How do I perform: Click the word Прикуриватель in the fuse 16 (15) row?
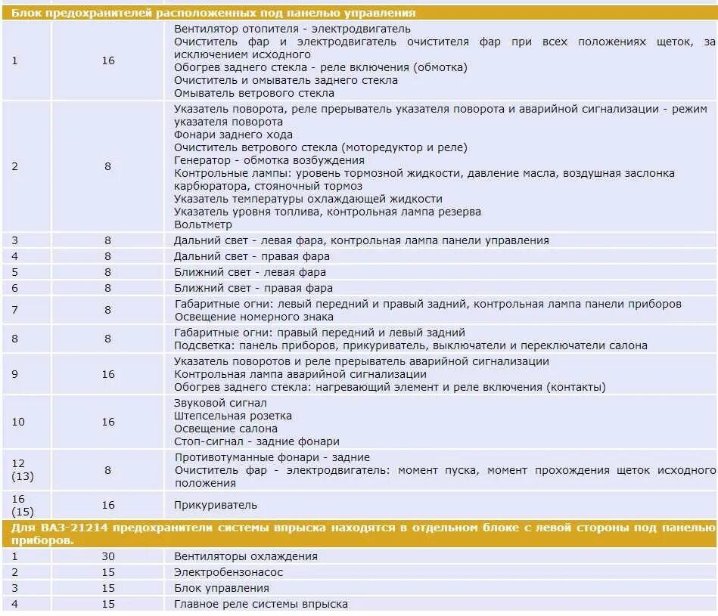tap(216, 505)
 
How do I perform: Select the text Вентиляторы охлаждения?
tap(246, 556)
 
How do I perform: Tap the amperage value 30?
tap(108, 556)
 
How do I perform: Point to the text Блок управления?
tap(221, 588)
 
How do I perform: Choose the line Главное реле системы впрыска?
tap(261, 604)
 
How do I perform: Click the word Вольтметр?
tap(203, 224)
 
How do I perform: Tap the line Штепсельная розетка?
tap(233, 416)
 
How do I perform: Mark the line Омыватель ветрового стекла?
tap(253, 93)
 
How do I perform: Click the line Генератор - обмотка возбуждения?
tap(269, 160)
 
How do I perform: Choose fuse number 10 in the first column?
tap(18, 422)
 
